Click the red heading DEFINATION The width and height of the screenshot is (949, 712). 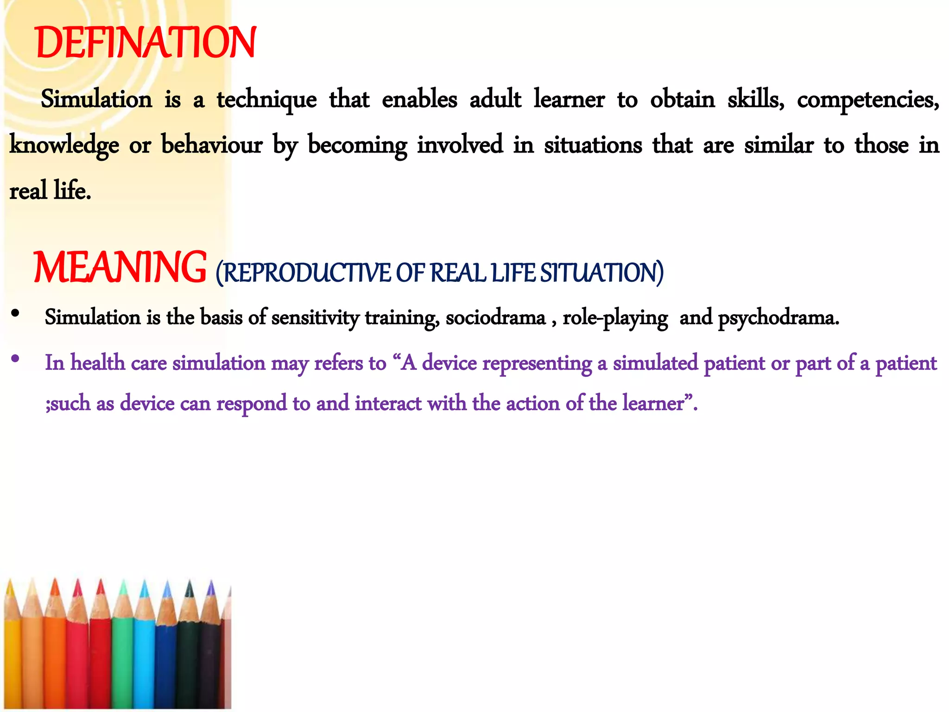click(146, 43)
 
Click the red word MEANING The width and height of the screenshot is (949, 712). click(120, 267)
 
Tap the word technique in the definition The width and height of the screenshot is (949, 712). click(266, 100)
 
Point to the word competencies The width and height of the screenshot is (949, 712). click(867, 100)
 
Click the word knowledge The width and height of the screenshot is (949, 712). click(64, 145)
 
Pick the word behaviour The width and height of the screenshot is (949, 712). click(212, 145)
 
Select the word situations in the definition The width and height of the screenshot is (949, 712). click(593, 145)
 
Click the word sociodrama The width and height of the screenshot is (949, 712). click(495, 318)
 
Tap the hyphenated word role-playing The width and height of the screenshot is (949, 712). click(615, 318)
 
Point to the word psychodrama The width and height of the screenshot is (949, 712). click(778, 318)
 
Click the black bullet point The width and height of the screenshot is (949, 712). click(15, 314)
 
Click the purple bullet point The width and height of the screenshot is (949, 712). click(15, 358)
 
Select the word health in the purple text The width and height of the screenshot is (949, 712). click(97, 363)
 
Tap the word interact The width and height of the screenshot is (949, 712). click(388, 403)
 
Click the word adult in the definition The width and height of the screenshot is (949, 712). click(495, 100)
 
